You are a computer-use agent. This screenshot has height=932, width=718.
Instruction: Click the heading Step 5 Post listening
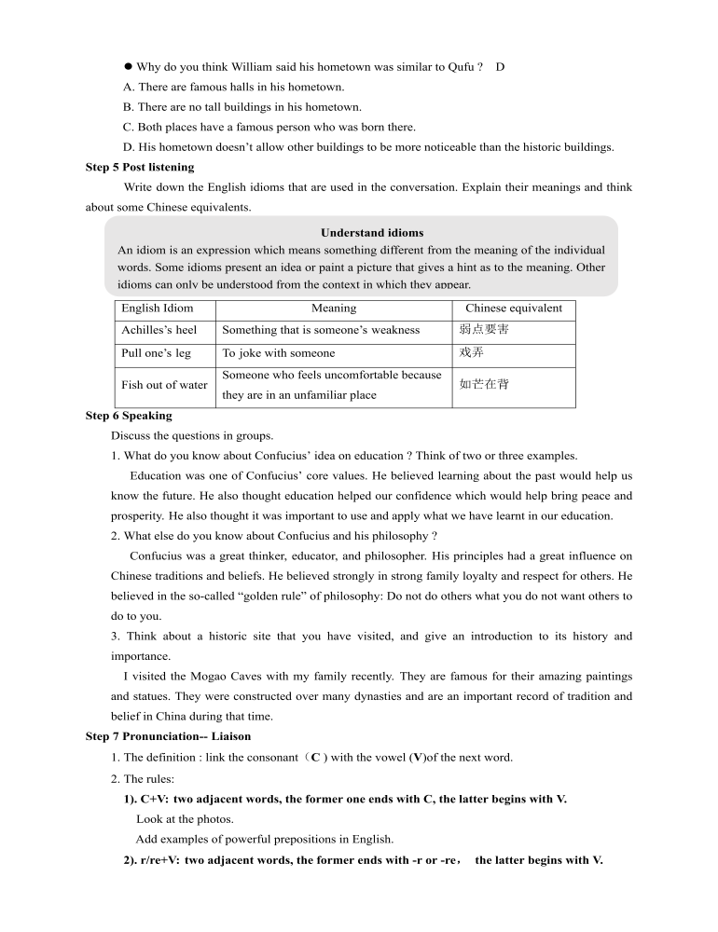tap(140, 167)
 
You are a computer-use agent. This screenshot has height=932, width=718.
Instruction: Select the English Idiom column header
tap(158, 308)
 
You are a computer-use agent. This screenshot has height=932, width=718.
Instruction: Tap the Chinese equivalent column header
tap(514, 308)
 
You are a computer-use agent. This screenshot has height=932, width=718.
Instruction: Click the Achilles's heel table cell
tap(159, 330)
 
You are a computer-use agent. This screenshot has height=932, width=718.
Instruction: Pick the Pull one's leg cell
tap(157, 353)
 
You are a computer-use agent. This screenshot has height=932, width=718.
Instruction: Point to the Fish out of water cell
tap(165, 385)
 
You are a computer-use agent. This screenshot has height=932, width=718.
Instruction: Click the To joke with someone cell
tap(279, 353)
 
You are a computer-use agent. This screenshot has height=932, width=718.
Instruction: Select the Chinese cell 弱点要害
tap(484, 330)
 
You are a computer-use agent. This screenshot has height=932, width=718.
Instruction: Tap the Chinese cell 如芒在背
tap(484, 384)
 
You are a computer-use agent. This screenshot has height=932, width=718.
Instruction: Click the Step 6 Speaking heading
tap(129, 416)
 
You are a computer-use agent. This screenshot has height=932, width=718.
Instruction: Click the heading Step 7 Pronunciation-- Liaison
tap(168, 736)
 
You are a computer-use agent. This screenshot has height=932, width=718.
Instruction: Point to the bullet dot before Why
tap(129, 67)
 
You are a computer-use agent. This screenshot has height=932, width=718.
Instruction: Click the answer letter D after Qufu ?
tap(501, 67)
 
